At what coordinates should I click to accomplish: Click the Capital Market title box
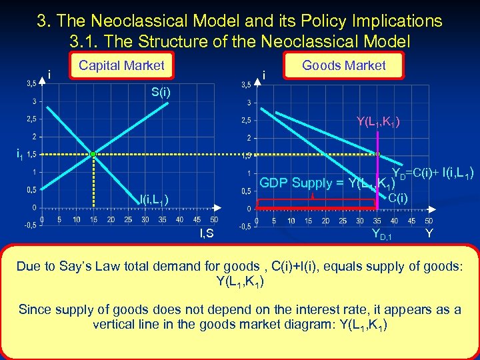point(121,65)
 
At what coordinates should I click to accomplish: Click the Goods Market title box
point(343,65)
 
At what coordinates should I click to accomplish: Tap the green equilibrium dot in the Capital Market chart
point(93,154)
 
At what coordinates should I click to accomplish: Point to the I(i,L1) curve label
point(153,199)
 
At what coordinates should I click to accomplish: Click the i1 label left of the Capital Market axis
point(20,155)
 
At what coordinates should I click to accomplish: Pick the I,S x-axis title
point(207,233)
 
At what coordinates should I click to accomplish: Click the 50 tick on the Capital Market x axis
point(213,219)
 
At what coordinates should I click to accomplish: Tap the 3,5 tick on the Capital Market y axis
point(31,84)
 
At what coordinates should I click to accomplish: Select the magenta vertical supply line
point(377,173)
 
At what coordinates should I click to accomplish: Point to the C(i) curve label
point(399,198)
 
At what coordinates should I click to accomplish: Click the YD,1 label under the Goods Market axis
point(381,234)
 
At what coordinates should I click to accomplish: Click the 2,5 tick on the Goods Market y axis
point(247,121)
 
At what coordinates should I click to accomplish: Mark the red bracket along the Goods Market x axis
point(317,204)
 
